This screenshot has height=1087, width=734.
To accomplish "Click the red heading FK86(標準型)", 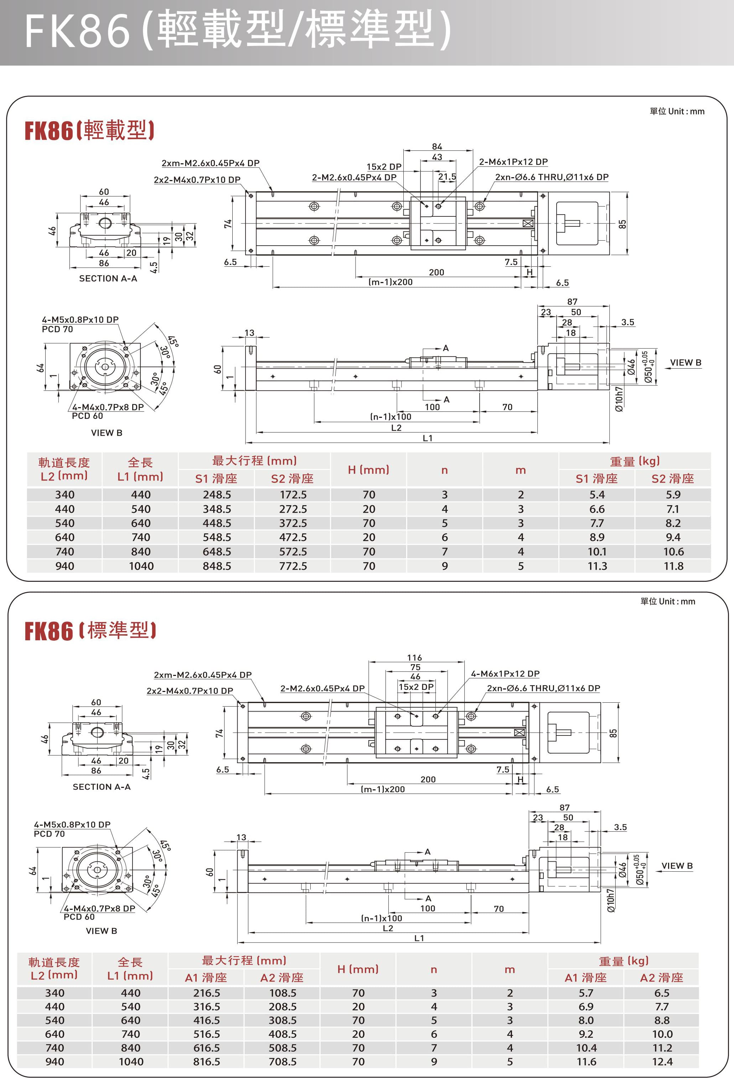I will point(90,631).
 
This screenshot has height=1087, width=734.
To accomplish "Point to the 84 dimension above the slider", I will point(437,147).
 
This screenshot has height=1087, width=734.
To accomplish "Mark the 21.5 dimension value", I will point(447,177).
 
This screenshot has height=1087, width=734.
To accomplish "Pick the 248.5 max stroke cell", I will point(217,494).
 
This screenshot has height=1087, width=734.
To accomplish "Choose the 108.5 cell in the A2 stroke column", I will point(283,993).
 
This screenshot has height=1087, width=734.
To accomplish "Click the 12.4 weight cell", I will point(662,1061).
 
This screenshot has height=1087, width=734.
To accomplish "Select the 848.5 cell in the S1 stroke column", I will point(217,566).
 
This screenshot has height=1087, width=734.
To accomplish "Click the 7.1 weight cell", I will point(673,509).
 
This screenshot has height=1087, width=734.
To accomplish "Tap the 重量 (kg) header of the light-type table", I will point(635,461).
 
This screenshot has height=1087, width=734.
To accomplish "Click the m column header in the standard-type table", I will point(510,970).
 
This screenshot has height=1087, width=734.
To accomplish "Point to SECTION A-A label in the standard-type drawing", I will point(102,787).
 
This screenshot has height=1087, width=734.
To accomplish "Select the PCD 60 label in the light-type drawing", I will point(87,416).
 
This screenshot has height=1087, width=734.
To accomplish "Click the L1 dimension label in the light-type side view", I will point(427,438).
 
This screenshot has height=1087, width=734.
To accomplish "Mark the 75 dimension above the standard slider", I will point(415,667).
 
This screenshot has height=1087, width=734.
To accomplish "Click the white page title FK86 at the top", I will point(77,31).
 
